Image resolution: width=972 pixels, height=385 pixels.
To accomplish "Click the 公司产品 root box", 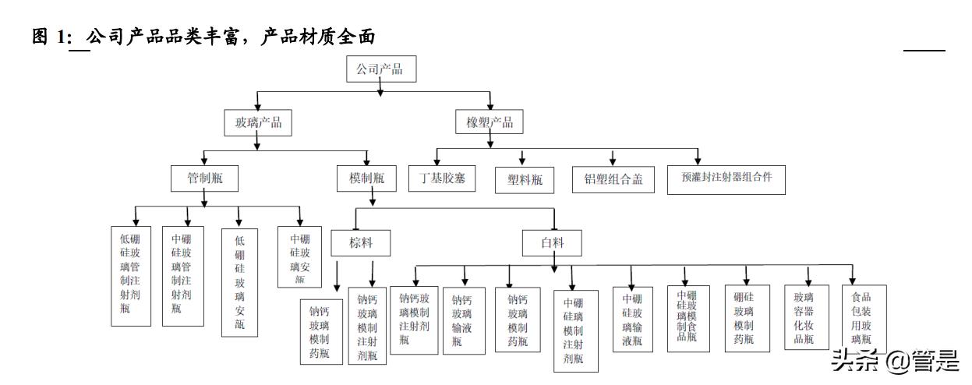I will tap(380, 69).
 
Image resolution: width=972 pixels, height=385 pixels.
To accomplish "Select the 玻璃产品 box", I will tap(253, 122).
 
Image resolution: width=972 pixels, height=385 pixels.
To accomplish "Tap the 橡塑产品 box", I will tap(490, 122).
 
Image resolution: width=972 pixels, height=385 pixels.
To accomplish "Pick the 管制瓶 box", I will tap(204, 178).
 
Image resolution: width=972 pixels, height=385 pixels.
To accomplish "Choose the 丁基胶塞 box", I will tap(442, 178).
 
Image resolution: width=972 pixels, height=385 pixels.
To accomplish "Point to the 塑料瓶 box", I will tap(525, 181).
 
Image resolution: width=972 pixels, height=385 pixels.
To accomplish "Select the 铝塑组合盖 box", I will tap(613, 179).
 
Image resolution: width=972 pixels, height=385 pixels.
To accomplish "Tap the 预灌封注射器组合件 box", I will tap(726, 178).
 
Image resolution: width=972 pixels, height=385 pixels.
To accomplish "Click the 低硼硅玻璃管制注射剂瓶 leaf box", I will tap(131, 276).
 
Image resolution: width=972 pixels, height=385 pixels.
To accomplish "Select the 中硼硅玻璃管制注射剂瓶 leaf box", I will tap(182, 276).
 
